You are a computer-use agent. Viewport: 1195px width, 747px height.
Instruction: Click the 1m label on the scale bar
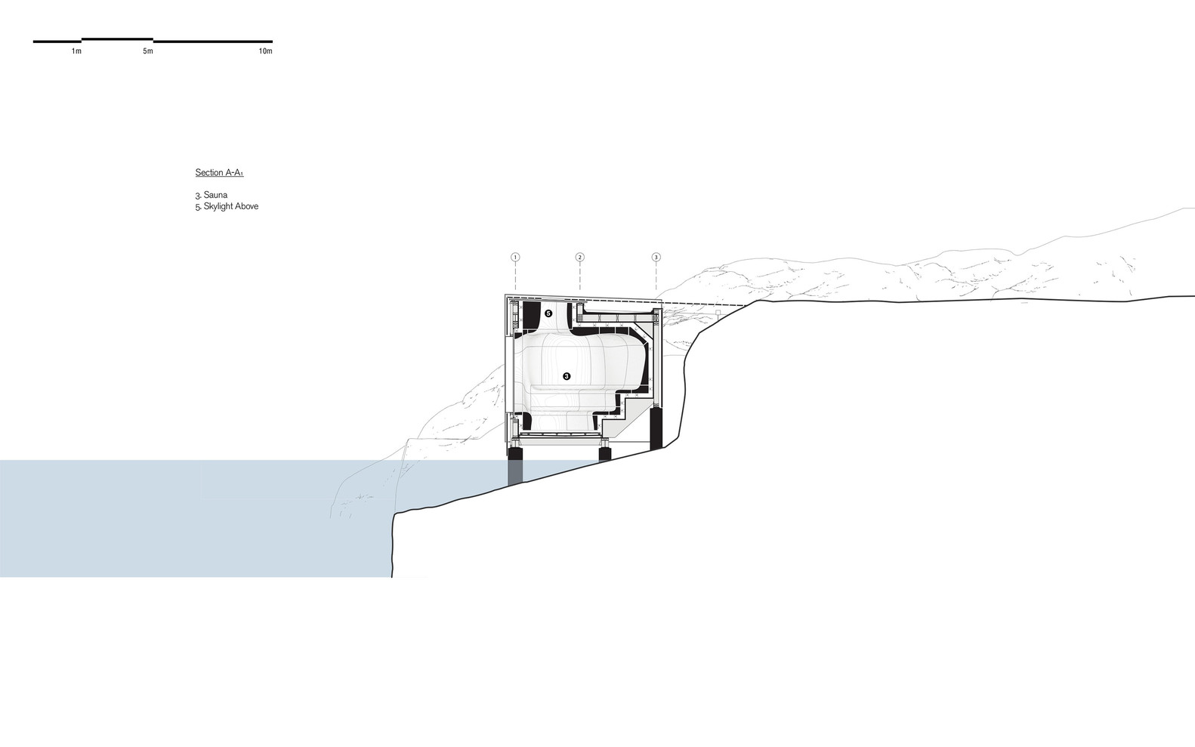point(76,51)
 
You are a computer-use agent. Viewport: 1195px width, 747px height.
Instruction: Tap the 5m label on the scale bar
point(147,51)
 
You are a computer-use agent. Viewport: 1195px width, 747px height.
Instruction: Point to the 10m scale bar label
point(265,51)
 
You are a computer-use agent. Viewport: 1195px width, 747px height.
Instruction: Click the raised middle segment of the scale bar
point(117,39)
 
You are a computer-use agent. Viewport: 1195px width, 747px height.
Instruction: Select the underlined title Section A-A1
point(219,173)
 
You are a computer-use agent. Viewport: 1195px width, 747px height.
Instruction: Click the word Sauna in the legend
point(217,195)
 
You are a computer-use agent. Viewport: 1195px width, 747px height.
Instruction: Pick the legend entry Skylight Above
point(230,206)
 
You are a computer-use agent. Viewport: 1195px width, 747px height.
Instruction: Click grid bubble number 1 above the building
point(515,258)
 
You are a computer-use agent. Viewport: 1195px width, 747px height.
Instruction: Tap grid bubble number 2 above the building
point(579,258)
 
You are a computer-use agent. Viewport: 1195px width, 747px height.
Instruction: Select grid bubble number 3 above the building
point(656,258)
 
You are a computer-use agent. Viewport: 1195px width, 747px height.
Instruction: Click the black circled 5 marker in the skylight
point(548,313)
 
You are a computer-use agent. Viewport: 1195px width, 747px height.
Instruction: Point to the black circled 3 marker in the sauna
point(566,375)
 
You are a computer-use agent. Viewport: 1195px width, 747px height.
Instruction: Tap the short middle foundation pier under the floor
point(605,454)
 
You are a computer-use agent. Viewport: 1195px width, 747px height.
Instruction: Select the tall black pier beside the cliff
point(656,428)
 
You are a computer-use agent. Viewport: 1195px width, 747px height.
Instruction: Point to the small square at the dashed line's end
point(718,311)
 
